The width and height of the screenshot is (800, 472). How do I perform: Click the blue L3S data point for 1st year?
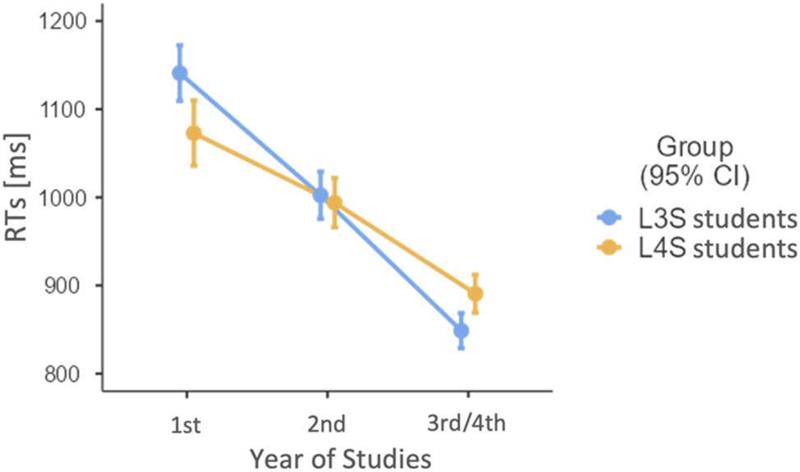(x=179, y=73)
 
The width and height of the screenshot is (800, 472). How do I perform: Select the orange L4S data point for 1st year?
(x=194, y=133)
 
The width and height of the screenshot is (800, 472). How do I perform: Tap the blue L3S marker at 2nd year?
(x=320, y=195)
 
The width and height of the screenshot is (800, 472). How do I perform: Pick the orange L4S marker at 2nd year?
(x=334, y=203)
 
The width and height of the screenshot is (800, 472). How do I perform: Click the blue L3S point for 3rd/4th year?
(x=461, y=331)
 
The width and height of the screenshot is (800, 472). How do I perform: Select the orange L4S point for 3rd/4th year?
(x=475, y=294)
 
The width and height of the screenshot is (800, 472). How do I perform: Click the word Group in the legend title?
(x=695, y=147)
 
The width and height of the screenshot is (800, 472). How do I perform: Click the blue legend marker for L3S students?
(x=609, y=218)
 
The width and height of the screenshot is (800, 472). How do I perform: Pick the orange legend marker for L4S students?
(x=609, y=247)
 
